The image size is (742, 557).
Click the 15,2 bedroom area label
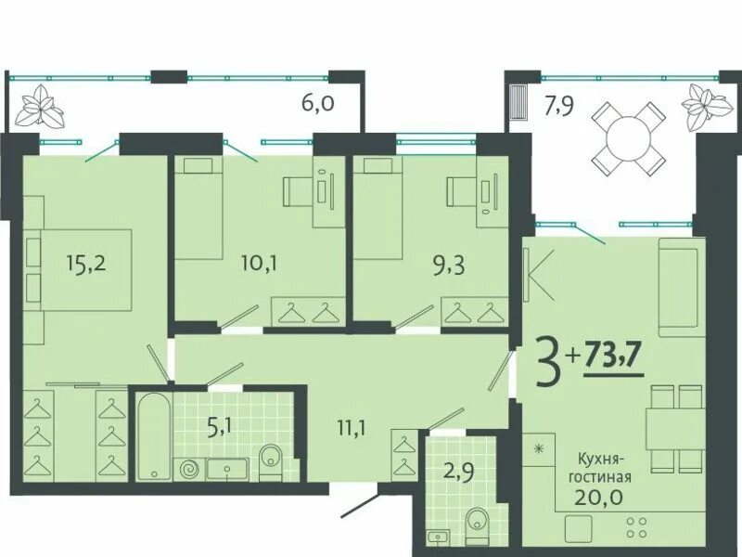point(86,264)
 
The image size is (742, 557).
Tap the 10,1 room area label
point(258,264)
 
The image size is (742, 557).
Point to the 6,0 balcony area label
point(318,102)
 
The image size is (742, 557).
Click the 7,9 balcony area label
point(559,106)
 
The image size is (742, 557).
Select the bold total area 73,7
point(614,356)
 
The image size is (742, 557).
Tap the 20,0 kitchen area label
point(598,497)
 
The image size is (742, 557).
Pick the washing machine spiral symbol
point(190,470)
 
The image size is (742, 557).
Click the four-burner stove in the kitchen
point(636,527)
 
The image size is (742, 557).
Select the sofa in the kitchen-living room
point(678,287)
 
